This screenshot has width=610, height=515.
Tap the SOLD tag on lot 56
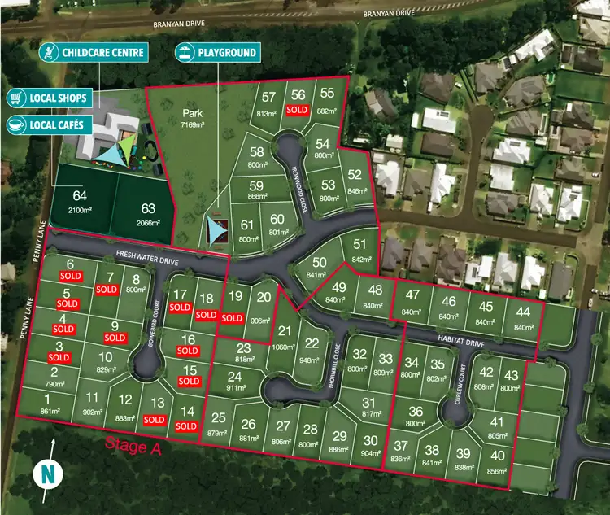click(x=298, y=110)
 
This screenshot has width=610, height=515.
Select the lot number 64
click(x=79, y=196)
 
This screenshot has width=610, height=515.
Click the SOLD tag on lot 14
click(x=187, y=426)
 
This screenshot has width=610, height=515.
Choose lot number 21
click(x=284, y=330)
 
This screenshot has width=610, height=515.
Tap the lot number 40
click(x=497, y=456)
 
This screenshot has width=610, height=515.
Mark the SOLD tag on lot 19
click(x=233, y=318)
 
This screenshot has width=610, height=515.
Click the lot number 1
click(x=48, y=398)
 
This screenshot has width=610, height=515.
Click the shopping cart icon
click(x=15, y=98)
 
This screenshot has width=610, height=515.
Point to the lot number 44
click(x=522, y=312)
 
